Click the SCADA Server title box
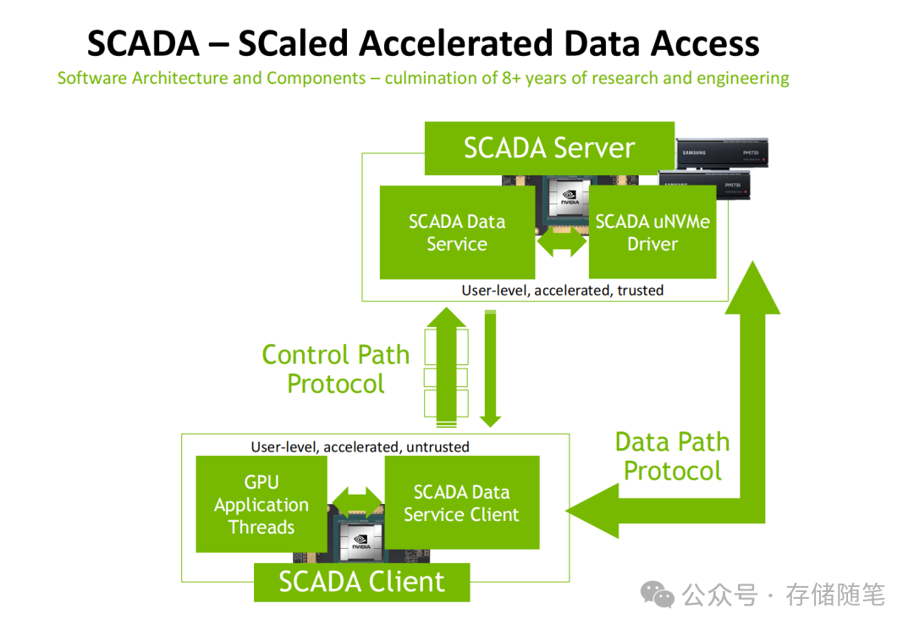[548, 148]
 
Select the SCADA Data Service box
[457, 233]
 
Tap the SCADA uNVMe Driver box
[652, 233]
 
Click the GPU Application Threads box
[261, 505]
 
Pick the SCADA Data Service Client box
[461, 503]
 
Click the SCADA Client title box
[361, 582]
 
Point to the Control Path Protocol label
[336, 369]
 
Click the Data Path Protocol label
[672, 457]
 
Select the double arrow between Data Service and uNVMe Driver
[562, 242]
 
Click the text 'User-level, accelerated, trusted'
[562, 291]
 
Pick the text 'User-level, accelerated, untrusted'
[360, 446]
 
